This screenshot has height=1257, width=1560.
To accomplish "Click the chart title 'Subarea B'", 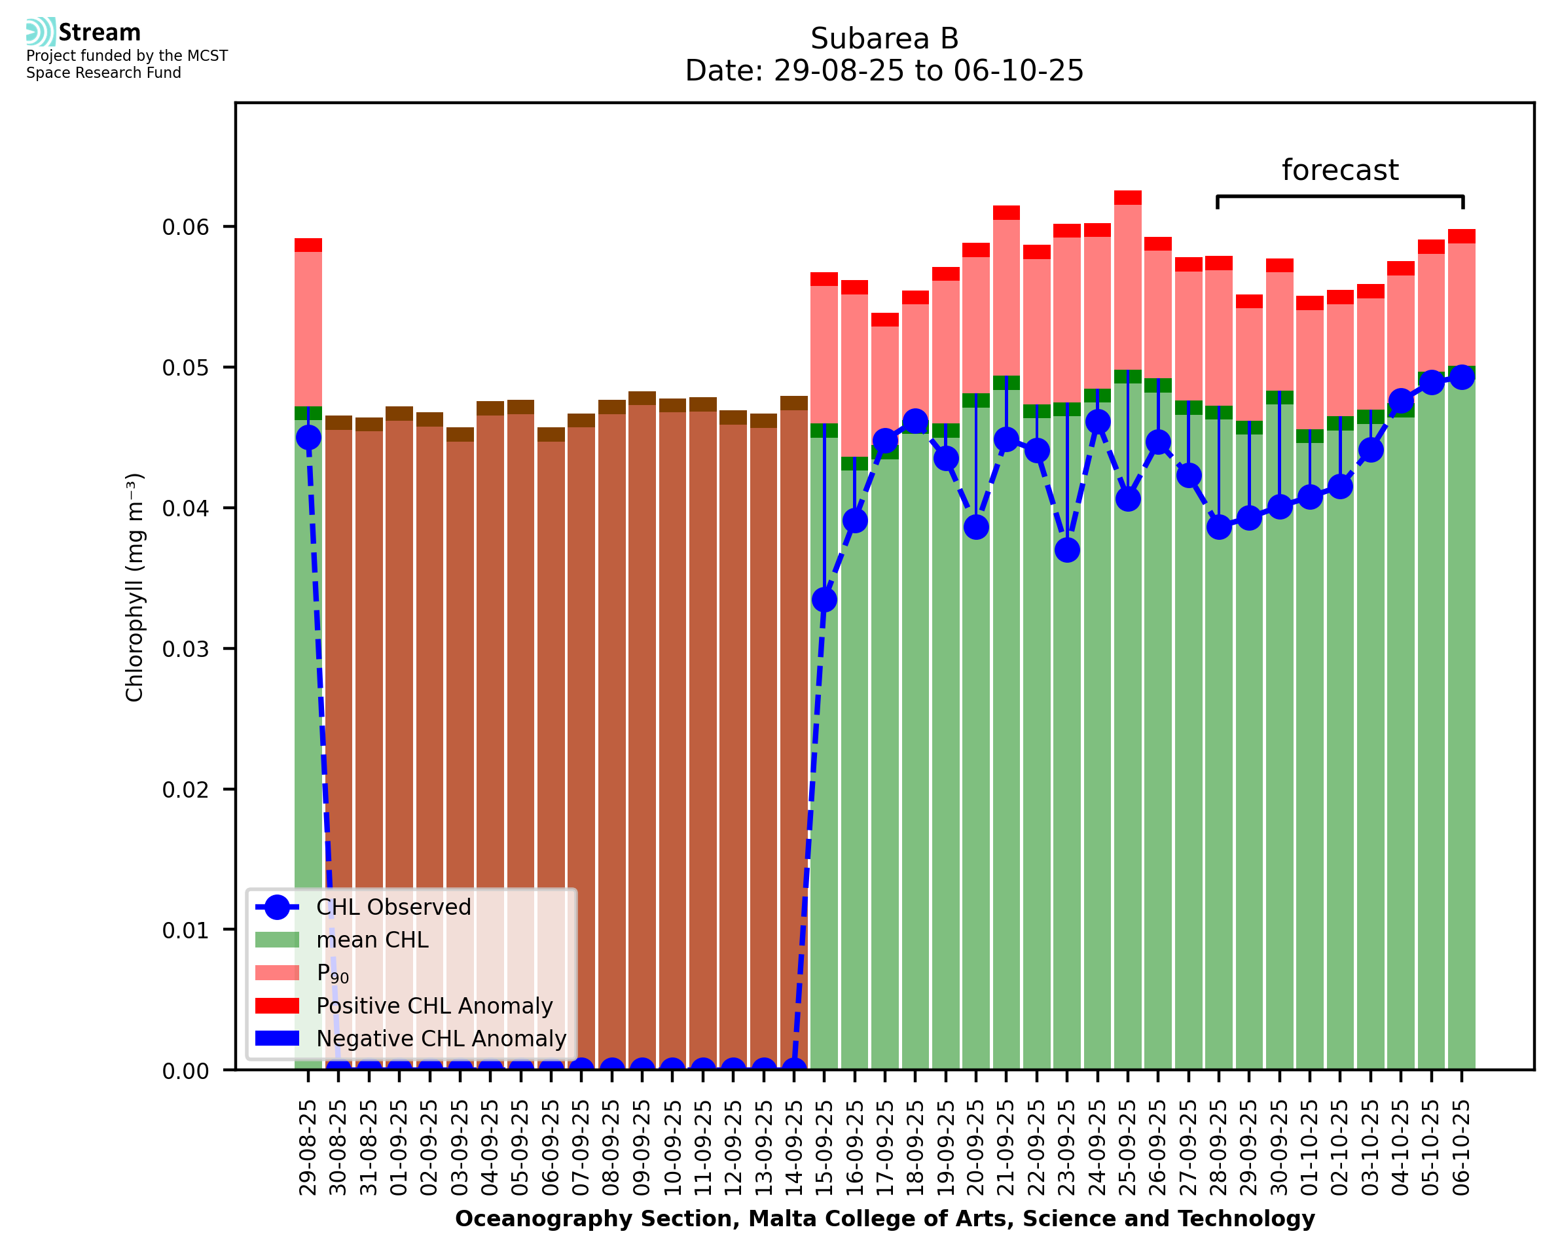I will [x=884, y=39].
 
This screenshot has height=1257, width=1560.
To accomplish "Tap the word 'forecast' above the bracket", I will [x=1339, y=170].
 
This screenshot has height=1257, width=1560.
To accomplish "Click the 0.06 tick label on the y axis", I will [x=185, y=227].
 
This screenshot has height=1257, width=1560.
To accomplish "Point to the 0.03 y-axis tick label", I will [x=185, y=648].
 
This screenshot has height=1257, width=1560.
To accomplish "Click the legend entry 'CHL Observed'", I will [x=393, y=908].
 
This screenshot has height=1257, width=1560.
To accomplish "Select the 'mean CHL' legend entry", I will [x=372, y=940].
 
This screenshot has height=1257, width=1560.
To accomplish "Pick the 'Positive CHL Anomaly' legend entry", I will [x=434, y=1006].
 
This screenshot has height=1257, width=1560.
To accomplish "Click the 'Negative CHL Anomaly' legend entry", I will [x=441, y=1038].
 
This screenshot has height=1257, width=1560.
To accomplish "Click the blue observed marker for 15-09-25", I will [x=824, y=599].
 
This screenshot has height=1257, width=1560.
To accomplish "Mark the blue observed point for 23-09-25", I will [x=1067, y=550].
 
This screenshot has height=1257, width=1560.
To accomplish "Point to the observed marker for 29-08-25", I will [x=308, y=437].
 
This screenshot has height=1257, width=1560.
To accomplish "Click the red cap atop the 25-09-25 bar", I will [x=1128, y=198].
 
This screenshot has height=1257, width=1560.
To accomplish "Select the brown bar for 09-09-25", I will [x=642, y=724].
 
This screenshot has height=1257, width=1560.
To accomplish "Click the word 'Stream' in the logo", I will [x=100, y=33].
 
